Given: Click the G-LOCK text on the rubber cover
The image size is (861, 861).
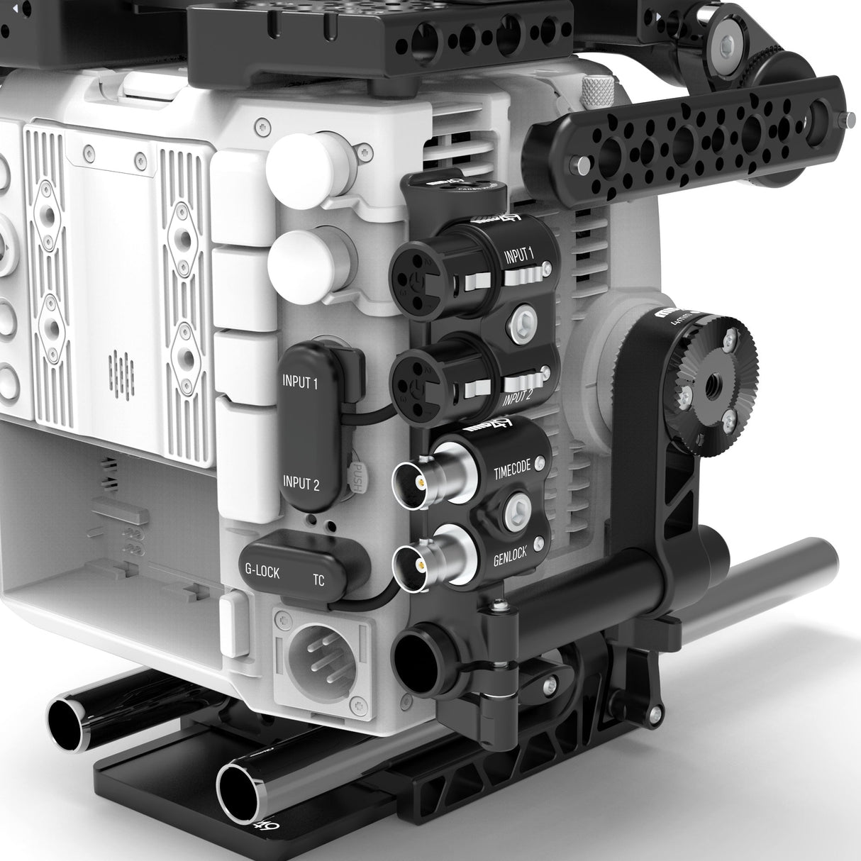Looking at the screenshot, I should click(262, 572).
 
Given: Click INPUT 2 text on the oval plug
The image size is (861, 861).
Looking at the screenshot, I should click(301, 484).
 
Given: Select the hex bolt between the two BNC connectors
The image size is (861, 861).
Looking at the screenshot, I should click(515, 511).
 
